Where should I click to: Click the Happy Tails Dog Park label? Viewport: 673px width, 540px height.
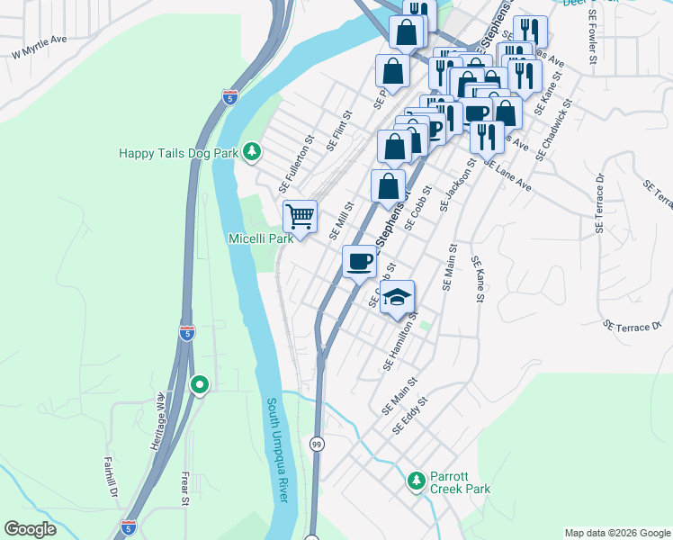(178, 153)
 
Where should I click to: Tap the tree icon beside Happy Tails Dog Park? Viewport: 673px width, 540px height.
(253, 152)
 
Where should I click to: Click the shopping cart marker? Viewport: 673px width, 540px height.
(300, 216)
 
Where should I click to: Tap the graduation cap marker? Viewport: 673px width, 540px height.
(396, 298)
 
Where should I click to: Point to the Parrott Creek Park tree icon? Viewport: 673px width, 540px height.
(416, 481)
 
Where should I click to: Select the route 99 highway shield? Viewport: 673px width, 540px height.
(317, 444)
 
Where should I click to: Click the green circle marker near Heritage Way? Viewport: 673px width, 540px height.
(200, 385)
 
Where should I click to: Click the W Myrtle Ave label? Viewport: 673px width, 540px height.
(40, 47)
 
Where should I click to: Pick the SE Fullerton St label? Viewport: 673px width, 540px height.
(294, 163)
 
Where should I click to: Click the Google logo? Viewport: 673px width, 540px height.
(31, 529)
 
